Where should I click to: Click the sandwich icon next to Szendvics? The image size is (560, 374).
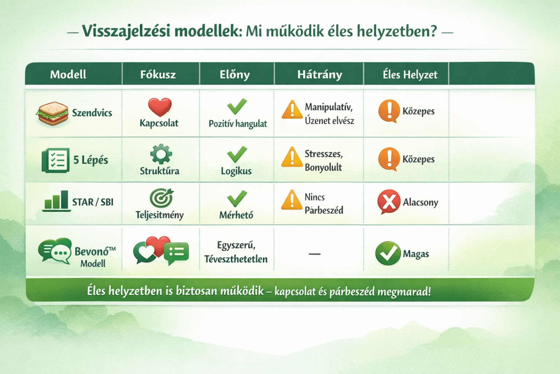click(52, 113)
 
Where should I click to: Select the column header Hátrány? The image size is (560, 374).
click(319, 75)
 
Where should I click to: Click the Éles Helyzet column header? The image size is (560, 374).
click(410, 75)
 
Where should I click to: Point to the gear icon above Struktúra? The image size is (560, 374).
click(161, 154)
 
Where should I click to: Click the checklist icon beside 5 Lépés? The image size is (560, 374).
click(55, 160)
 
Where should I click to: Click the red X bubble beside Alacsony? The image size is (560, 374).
click(389, 202)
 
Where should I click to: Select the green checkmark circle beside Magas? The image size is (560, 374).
click(388, 253)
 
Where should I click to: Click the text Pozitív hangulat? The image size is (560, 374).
click(238, 124)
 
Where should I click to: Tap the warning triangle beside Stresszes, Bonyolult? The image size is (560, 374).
click(292, 157)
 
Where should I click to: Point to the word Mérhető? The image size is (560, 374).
click(236, 215)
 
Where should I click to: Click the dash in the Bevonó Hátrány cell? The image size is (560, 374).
click(315, 254)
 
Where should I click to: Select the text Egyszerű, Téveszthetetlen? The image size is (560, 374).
click(236, 252)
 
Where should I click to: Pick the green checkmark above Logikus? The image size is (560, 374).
click(237, 154)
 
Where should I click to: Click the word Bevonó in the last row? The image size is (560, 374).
click(91, 251)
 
